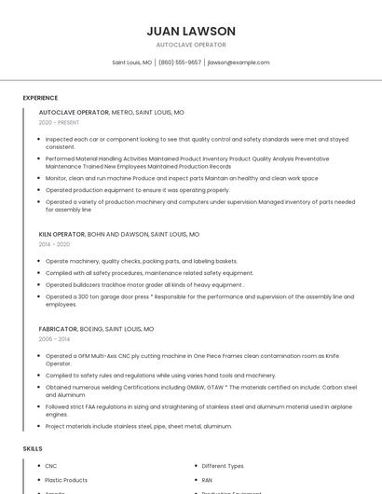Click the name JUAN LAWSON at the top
pyautogui.click(x=191, y=31)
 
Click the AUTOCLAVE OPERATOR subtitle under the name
pyautogui.click(x=191, y=45)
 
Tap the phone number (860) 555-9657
pyautogui.click(x=180, y=62)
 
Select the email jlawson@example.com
pyautogui.click(x=239, y=62)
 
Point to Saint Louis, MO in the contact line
pyautogui.click(x=132, y=62)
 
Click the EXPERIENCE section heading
pyautogui.click(x=40, y=97)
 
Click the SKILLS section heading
pyautogui.click(x=33, y=448)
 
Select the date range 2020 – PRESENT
pyautogui.click(x=59, y=122)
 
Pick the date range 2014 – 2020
pyautogui.click(x=54, y=244)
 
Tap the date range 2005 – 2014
pyautogui.click(x=54, y=339)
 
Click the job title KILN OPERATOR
pyautogui.click(x=61, y=234)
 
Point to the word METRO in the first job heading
pyautogui.click(x=122, y=112)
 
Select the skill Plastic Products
pyautogui.click(x=66, y=480)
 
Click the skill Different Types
pyautogui.click(x=223, y=465)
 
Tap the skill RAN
pyautogui.click(x=207, y=480)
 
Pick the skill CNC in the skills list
pyautogui.click(x=51, y=465)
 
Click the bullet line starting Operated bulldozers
pyautogui.click(x=144, y=284)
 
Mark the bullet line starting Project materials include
pyautogui.click(x=139, y=426)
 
